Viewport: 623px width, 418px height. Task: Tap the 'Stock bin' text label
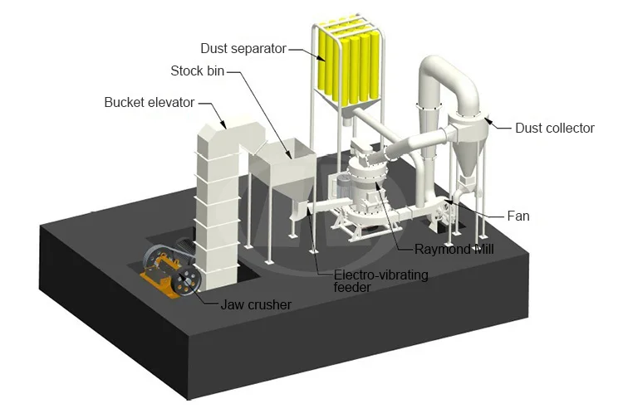tap(198, 70)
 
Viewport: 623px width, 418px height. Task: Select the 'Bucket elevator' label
tap(150, 103)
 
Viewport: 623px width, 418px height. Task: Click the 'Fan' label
tap(518, 216)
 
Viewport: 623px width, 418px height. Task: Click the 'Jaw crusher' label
tap(256, 304)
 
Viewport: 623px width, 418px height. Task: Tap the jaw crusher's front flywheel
tap(189, 283)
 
